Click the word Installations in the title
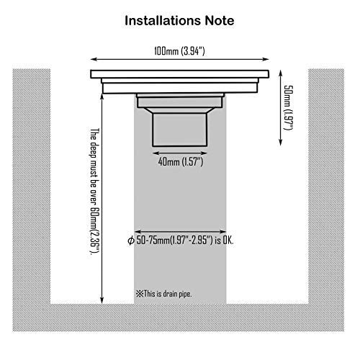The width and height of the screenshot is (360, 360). pos(163,21)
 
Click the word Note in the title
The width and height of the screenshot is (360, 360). pos(220,21)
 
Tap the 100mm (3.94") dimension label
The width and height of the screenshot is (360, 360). pos(179,51)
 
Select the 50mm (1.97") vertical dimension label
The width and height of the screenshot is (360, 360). pos(289,108)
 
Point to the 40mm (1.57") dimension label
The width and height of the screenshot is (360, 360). pos(181,162)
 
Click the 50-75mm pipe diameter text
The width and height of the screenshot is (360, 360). pos(185,240)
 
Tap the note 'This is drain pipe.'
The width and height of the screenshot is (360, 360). pos(164,294)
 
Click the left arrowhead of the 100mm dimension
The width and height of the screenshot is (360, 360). pos(94,59)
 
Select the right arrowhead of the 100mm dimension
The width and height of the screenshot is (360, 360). pos(266,59)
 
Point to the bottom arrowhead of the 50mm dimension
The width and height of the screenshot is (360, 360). pos(280,143)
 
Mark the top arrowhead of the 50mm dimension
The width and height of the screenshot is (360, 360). pos(280,73)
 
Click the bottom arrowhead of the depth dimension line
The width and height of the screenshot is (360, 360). pos(102,300)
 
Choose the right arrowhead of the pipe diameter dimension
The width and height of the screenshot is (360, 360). pos(223,232)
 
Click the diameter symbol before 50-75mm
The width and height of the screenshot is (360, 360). pos(131,240)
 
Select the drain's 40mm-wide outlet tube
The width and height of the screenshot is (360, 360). pos(179,130)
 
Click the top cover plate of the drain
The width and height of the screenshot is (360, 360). pos(180,74)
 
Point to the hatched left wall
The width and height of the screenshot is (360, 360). pos(32,186)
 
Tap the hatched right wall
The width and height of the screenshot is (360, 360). pos(326,186)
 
